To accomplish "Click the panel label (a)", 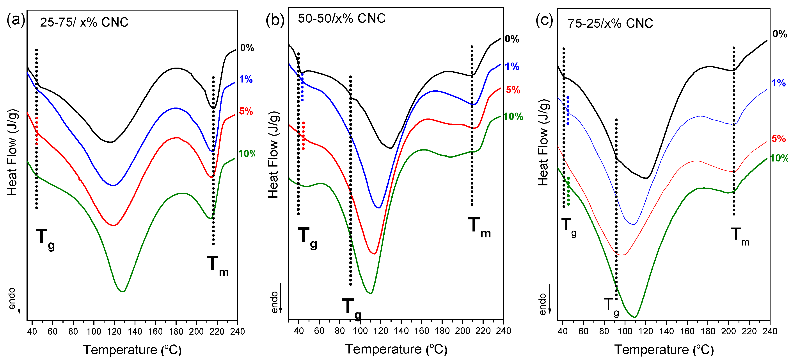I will (15, 20).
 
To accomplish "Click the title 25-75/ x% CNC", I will (84, 22).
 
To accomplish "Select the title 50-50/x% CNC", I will (342, 18).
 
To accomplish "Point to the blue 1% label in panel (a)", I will (246, 79).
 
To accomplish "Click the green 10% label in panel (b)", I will (513, 117).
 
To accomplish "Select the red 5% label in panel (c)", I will (778, 138).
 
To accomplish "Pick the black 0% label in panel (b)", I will (512, 39).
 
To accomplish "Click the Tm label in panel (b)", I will (479, 227).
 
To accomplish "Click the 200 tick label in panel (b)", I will (462, 331).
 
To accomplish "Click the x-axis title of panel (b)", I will (396, 349).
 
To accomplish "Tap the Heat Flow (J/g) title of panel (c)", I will (543, 142).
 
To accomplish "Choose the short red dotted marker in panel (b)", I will (304, 136).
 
